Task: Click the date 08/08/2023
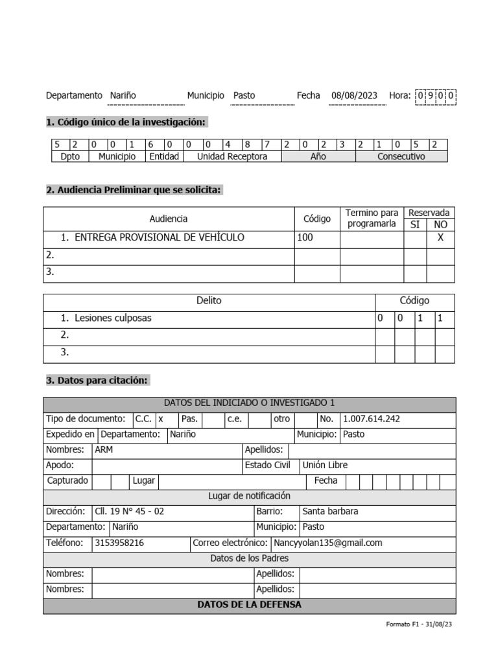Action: coord(354,95)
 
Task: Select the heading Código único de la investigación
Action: coord(126,122)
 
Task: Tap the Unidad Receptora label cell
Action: coord(232,157)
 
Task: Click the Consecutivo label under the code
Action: coord(401,157)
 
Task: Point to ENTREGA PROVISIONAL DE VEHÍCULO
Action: coord(160,237)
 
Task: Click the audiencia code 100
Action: coord(305,237)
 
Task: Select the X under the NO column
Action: coord(440,238)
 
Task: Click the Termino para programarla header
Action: coord(372,219)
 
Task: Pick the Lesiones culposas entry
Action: coord(113,318)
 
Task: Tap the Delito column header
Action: coord(209,301)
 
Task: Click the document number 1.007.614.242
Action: coord(372,419)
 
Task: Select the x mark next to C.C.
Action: coord(161,419)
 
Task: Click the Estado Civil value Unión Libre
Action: coord(325,465)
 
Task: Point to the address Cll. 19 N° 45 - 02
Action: coord(130,511)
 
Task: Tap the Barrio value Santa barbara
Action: coord(330,511)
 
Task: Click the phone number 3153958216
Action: coord(119,543)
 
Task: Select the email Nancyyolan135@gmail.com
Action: coord(327,543)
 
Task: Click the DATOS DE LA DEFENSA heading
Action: coord(250,605)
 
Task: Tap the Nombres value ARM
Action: coord(104,449)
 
